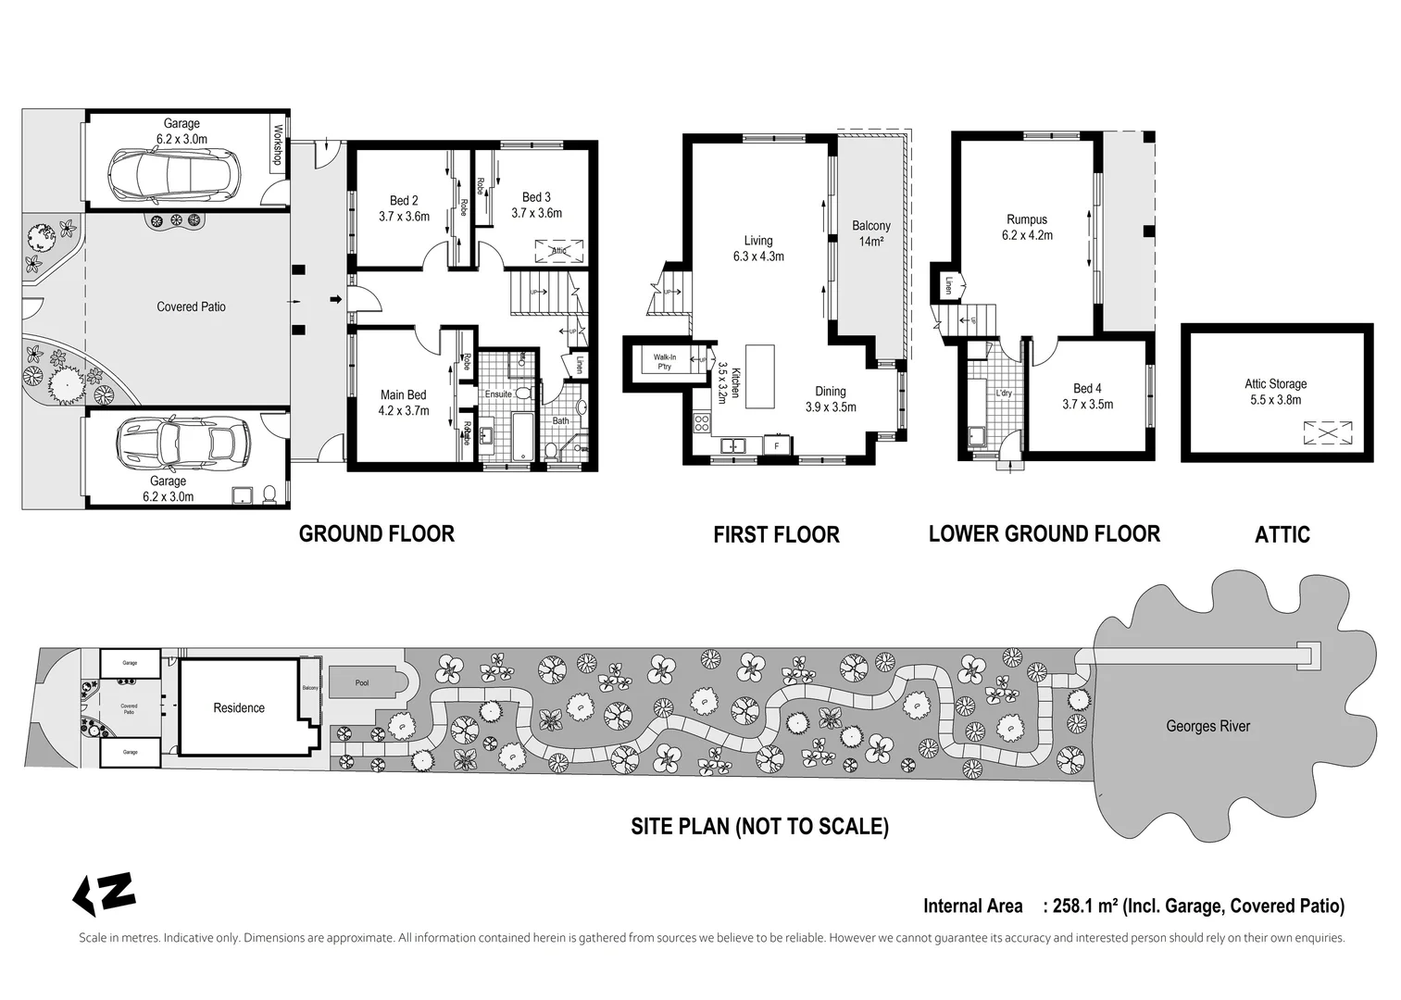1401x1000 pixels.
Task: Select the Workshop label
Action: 276,146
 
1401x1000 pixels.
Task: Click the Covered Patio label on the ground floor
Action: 191,306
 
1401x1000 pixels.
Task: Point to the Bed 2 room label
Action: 404,208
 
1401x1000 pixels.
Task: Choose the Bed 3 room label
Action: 536,205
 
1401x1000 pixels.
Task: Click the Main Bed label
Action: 403,403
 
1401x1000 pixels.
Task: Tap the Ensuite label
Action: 498,394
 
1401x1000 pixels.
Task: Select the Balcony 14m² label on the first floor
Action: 870,233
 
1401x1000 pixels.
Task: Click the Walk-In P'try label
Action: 664,362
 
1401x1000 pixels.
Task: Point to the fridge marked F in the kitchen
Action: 776,446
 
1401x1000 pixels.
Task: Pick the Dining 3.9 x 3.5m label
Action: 830,399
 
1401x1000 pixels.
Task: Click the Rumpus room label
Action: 1026,227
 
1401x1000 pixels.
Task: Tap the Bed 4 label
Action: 1087,396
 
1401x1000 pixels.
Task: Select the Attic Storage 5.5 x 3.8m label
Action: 1275,392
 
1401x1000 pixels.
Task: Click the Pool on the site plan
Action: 362,683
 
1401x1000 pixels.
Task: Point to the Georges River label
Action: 1207,726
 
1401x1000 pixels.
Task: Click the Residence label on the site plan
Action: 239,708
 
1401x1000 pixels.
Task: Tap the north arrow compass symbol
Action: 104,894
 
